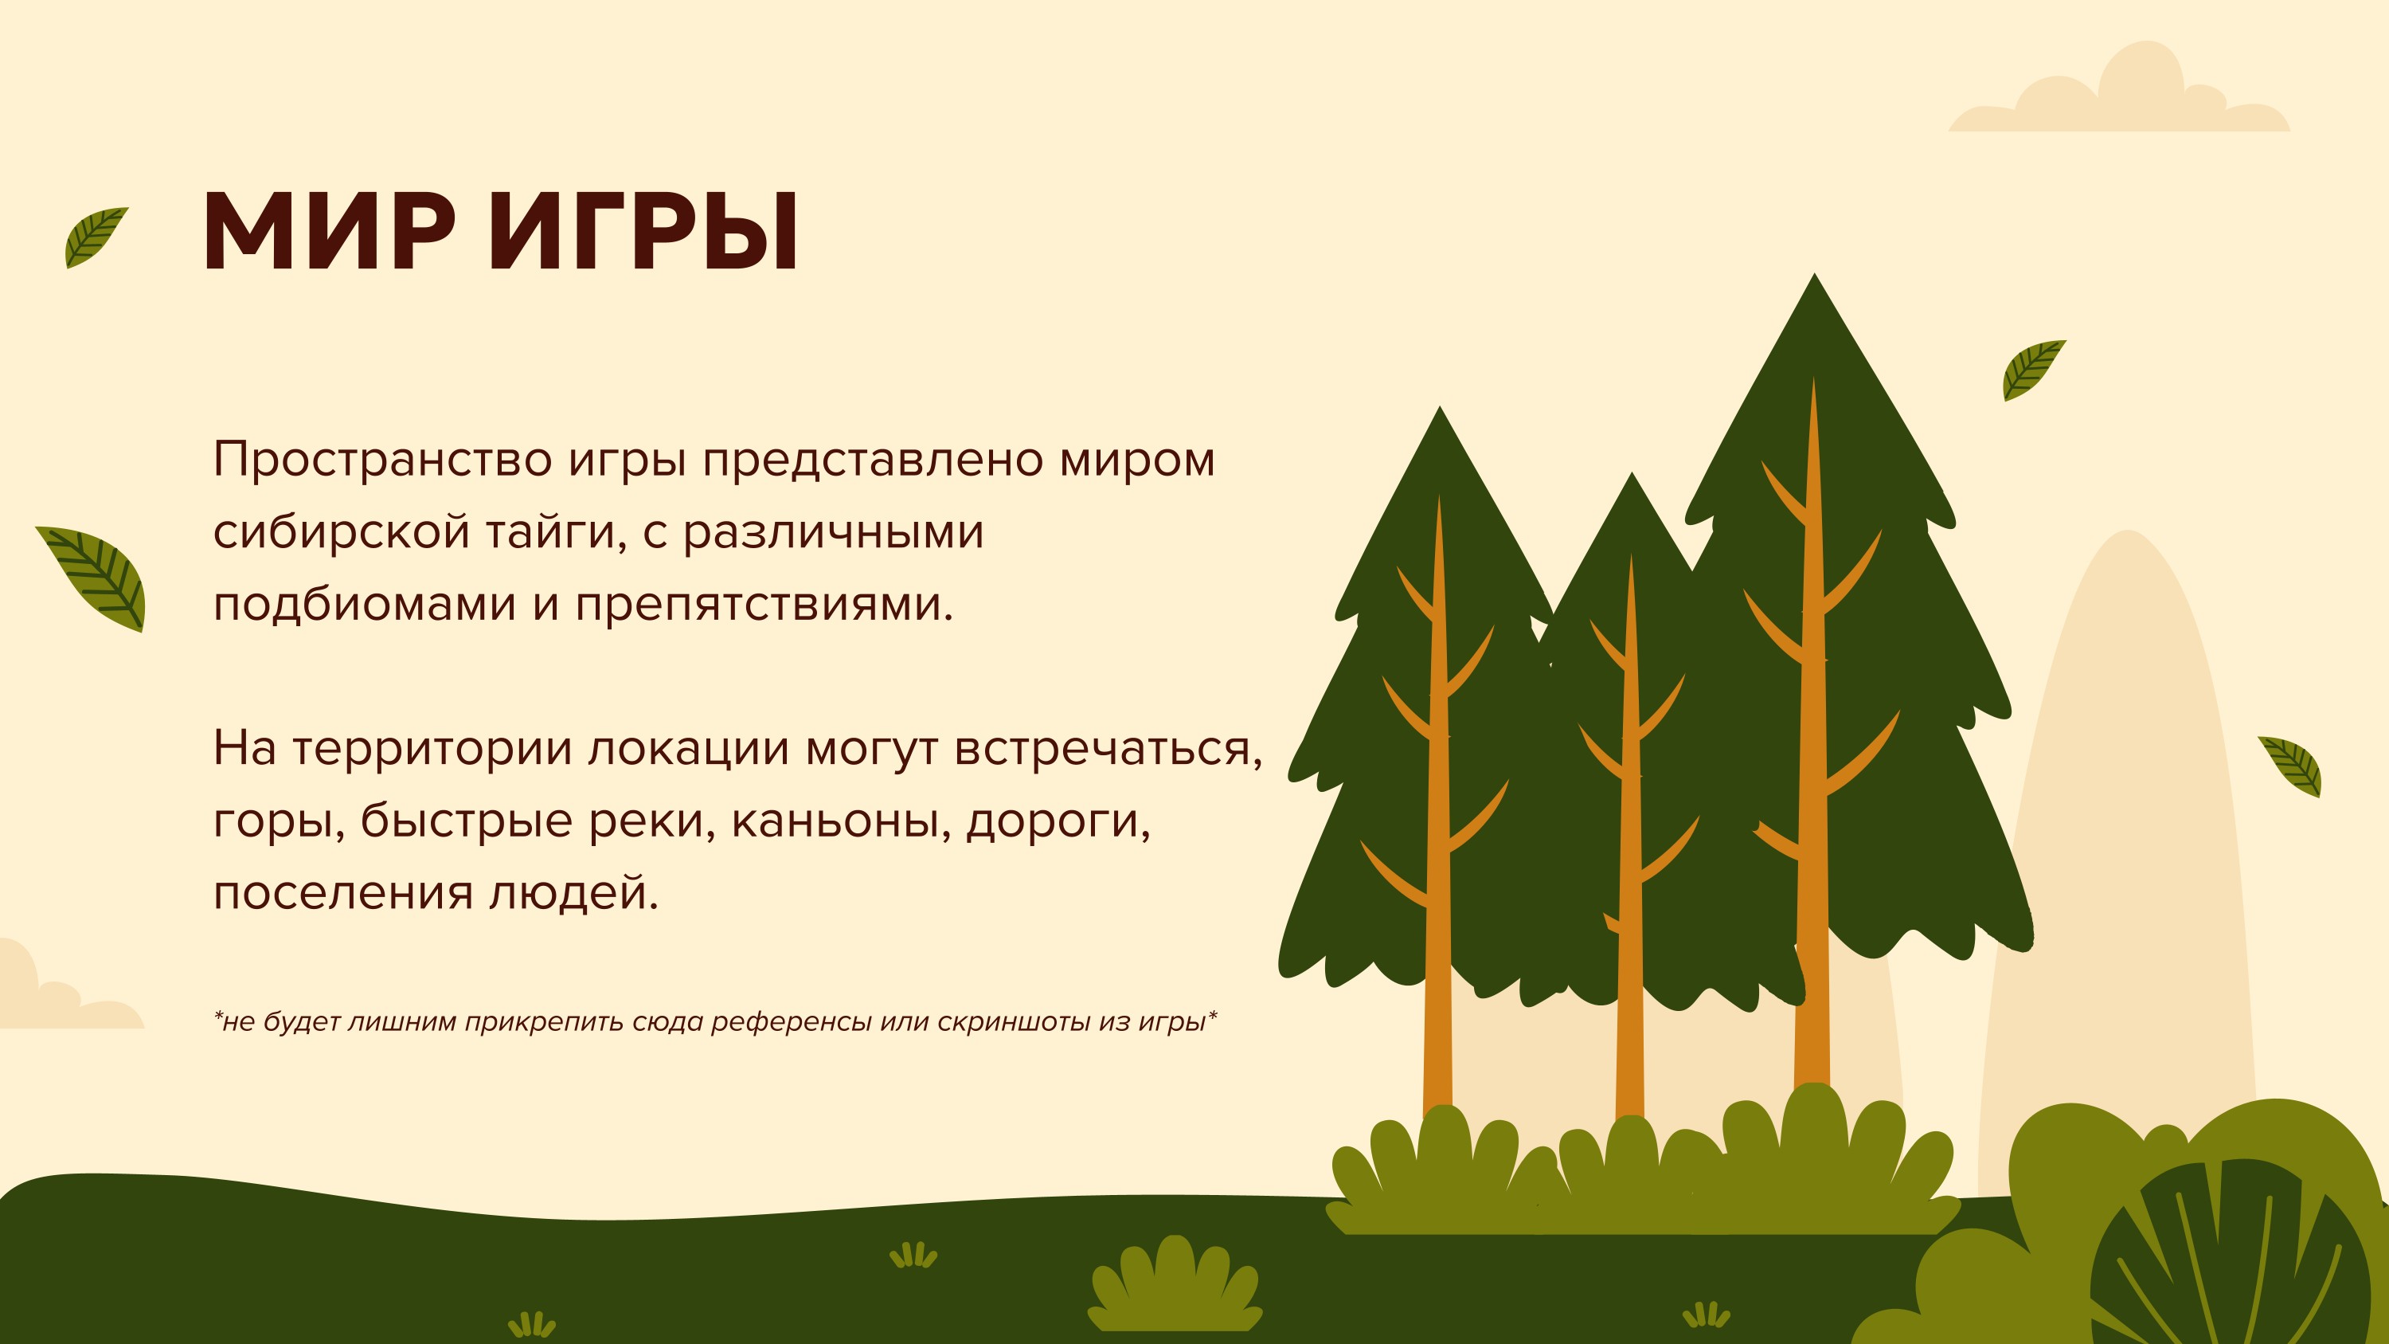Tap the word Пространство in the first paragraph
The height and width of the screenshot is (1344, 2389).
(383, 460)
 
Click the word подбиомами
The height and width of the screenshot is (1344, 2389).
(365, 603)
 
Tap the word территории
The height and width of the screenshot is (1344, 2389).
(432, 750)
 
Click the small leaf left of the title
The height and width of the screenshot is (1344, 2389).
(96, 237)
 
